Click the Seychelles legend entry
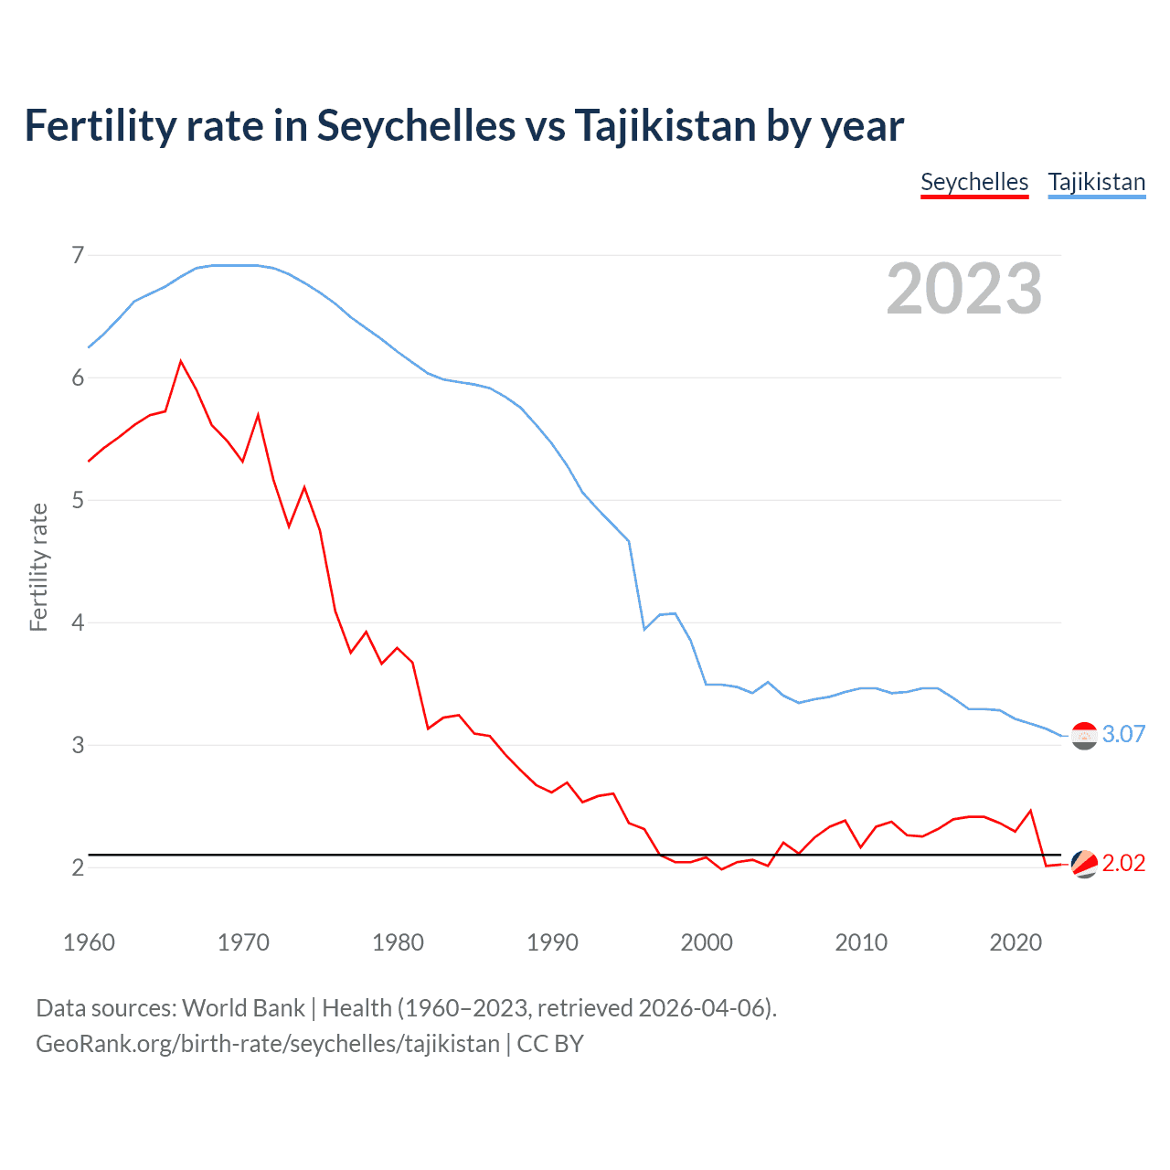(974, 182)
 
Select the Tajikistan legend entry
(1096, 182)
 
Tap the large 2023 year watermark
(963, 289)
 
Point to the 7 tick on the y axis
(78, 255)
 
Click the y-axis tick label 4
(78, 622)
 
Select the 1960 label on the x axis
(89, 942)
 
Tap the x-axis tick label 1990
(552, 942)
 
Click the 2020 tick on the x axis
(1016, 942)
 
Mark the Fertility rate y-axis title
(38, 567)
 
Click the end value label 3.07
(1123, 734)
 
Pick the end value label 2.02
(1123, 864)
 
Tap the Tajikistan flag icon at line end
(1084, 735)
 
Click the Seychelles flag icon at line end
(1084, 864)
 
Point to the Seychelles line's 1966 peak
(181, 361)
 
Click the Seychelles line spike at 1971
(259, 415)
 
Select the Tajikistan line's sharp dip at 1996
(644, 629)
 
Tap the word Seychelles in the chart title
(416, 125)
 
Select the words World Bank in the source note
(243, 1008)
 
